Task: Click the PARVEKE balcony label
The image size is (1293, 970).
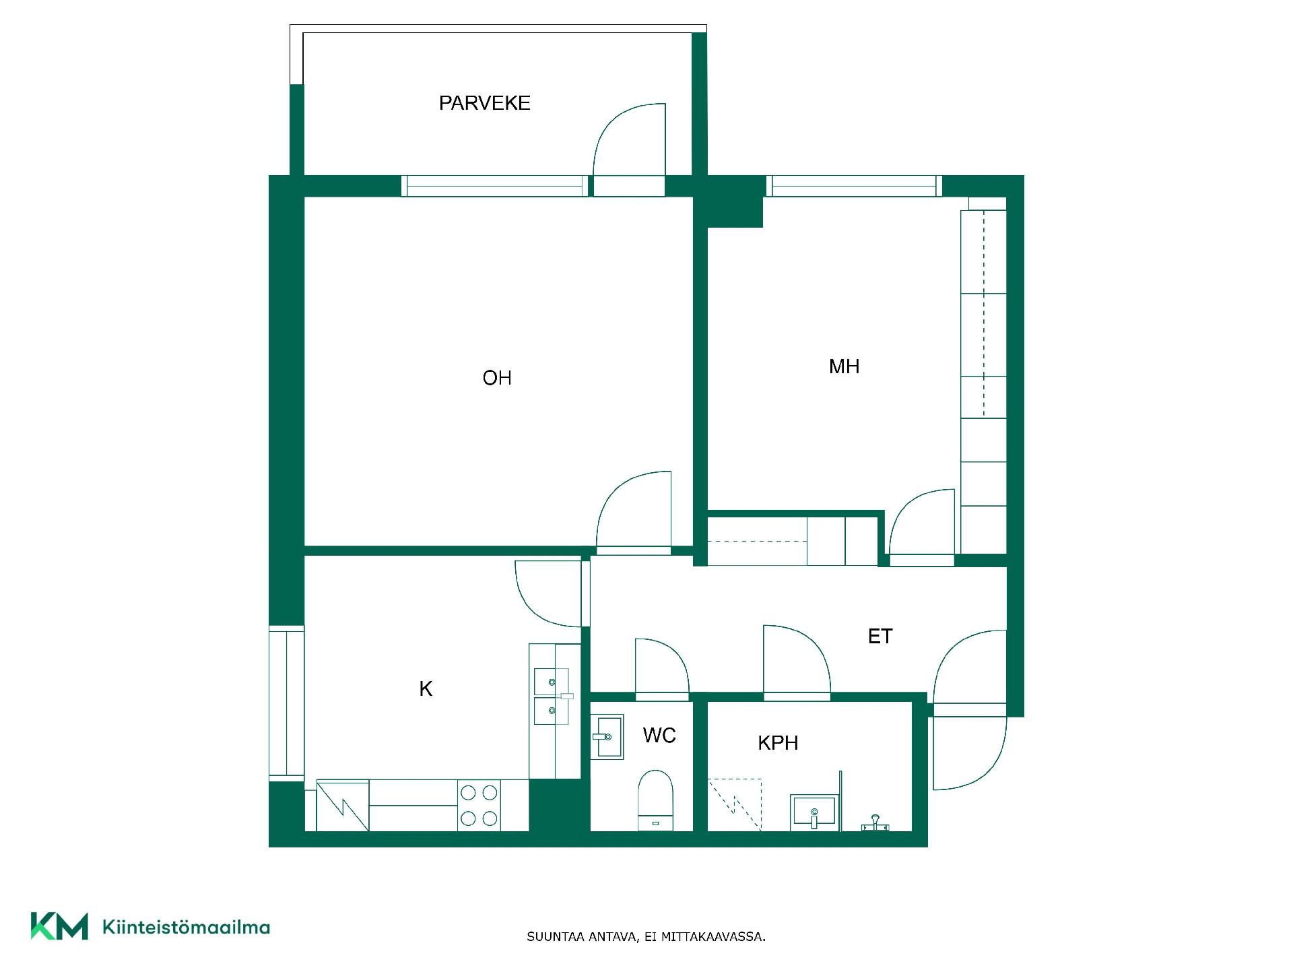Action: click(485, 103)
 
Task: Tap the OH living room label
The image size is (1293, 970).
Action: click(497, 378)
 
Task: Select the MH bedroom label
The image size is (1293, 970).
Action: click(844, 366)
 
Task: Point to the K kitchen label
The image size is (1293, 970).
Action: click(426, 688)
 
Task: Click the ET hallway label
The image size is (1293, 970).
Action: click(880, 637)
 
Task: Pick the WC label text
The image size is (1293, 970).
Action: click(659, 735)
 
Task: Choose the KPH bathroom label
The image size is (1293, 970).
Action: click(778, 743)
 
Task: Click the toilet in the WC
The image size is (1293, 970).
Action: click(655, 801)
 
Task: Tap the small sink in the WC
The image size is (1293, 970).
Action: click(607, 737)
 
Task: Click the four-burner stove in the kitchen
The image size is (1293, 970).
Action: click(479, 805)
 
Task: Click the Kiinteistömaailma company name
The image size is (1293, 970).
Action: click(186, 928)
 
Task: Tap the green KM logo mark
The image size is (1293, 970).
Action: click(59, 926)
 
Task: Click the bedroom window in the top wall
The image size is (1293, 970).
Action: click(854, 186)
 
